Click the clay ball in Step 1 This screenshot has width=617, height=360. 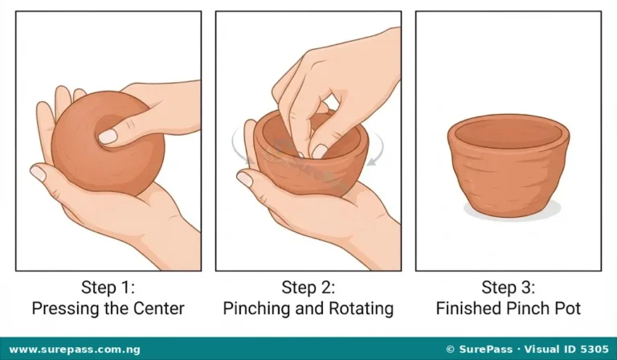click(x=108, y=144)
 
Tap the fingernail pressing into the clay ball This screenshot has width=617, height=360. click(x=108, y=137)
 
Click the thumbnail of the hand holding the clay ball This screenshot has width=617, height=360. click(x=39, y=173)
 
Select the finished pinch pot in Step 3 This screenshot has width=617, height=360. click(x=509, y=166)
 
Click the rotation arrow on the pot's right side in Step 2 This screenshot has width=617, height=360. click(x=377, y=149)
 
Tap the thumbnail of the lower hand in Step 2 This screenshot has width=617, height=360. click(x=244, y=179)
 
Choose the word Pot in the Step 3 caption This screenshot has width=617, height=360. click(x=568, y=308)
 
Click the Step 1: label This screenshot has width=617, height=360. click(x=108, y=287)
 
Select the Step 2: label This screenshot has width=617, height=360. click(x=308, y=287)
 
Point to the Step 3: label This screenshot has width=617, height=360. click(x=509, y=287)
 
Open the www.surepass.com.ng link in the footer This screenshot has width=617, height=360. click(x=75, y=350)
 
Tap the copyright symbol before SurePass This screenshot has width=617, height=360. click(x=451, y=350)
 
